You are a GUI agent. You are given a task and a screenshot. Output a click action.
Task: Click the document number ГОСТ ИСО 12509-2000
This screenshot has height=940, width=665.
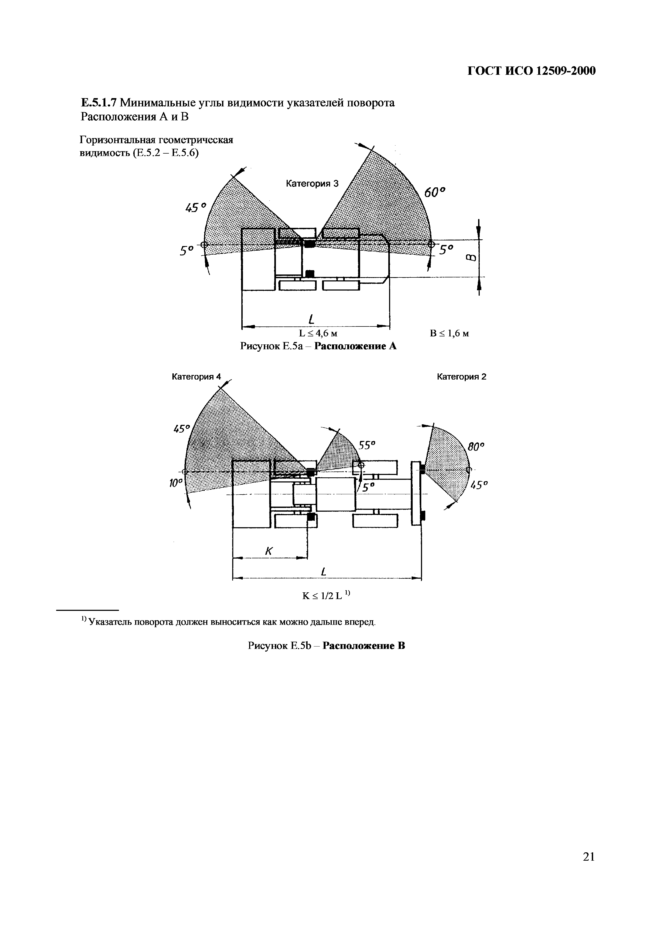click(x=531, y=71)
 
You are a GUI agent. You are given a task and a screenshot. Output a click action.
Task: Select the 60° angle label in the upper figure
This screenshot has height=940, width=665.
click(x=434, y=192)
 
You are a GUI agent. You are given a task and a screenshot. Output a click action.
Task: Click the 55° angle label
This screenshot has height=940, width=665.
click(x=367, y=445)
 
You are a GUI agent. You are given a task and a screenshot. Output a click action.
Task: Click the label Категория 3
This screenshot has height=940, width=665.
click(x=312, y=184)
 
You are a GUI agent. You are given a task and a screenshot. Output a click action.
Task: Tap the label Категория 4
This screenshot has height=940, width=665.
click(x=196, y=377)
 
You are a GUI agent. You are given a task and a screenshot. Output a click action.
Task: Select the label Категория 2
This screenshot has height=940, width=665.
click(x=461, y=377)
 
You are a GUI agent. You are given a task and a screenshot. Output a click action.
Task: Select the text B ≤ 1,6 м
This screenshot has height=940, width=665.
click(x=449, y=334)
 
